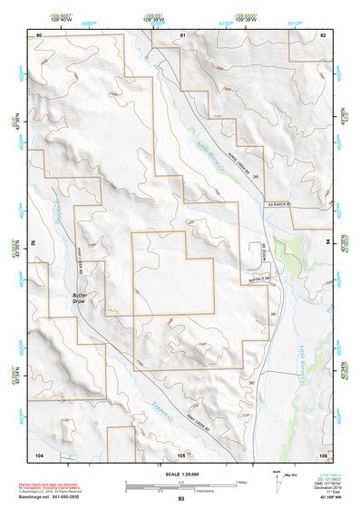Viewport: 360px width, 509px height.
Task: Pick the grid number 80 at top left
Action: [x=40, y=34]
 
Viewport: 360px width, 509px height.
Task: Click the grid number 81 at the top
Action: [x=181, y=34]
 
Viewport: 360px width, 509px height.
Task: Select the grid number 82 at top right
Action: [x=322, y=34]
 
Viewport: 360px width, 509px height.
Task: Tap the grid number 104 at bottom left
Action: [x=40, y=454]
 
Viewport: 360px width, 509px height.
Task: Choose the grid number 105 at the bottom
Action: [x=181, y=454]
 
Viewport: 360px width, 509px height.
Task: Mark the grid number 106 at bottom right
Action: [x=321, y=454]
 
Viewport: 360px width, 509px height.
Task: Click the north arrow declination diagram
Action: [x=277, y=478]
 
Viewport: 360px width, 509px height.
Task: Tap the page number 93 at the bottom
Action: [x=180, y=499]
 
